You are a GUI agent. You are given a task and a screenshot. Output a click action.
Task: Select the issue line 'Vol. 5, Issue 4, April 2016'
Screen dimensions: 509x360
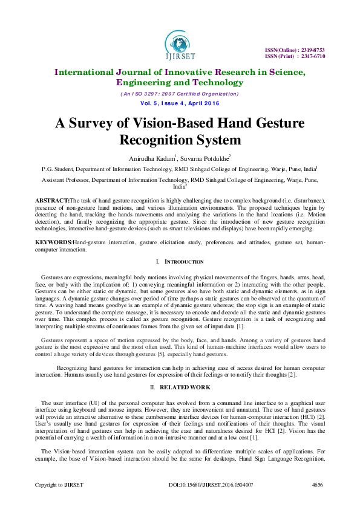click(180, 103)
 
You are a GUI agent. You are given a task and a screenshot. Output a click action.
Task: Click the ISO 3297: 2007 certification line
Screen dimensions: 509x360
click(180, 94)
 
